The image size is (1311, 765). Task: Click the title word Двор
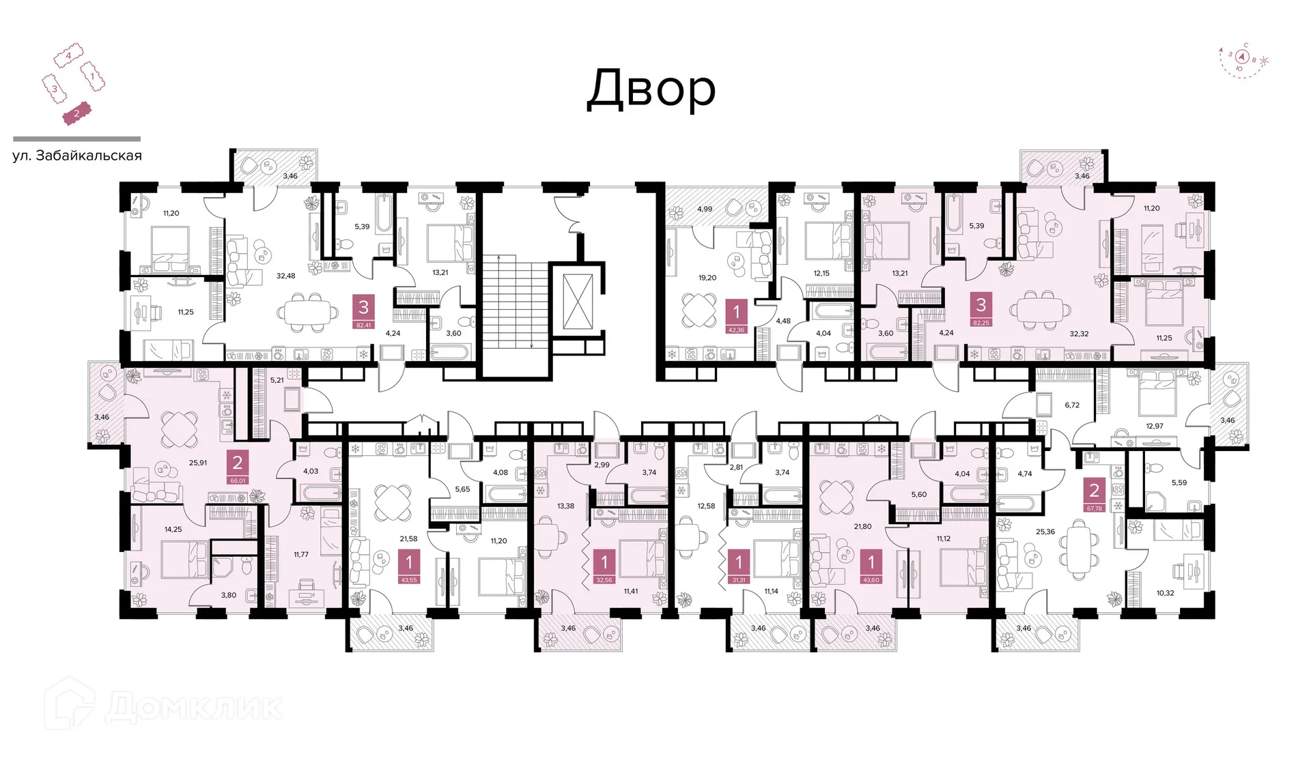[x=651, y=89]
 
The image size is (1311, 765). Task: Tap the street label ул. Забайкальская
[x=77, y=156]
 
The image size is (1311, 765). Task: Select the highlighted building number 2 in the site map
[x=76, y=114]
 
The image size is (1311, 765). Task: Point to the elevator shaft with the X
[x=578, y=302]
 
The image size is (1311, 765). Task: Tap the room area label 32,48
[x=285, y=276]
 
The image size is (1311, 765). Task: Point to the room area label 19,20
[x=707, y=278]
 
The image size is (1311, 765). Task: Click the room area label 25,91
[x=198, y=463]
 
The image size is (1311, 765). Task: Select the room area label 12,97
[x=1155, y=427]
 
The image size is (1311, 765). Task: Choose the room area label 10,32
[x=1165, y=593]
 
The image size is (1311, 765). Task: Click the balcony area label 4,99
[x=705, y=210]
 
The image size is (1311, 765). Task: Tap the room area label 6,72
[x=1072, y=405]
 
